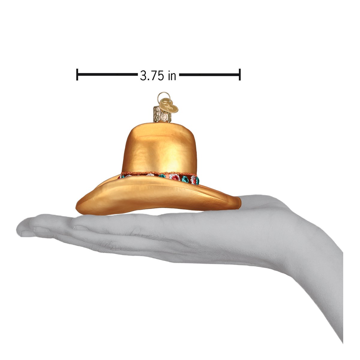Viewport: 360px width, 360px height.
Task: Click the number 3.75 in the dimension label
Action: click(x=152, y=76)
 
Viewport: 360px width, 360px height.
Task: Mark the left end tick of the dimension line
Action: click(x=77, y=74)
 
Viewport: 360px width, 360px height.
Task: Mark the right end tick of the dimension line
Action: click(x=240, y=74)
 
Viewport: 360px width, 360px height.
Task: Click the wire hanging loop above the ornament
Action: click(x=161, y=96)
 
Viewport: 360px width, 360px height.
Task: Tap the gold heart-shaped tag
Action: click(x=169, y=105)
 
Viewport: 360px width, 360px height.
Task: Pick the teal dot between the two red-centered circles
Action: click(x=185, y=179)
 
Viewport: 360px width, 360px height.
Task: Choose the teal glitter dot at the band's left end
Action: click(x=122, y=176)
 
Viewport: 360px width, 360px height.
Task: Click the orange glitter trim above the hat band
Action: click(x=159, y=174)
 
